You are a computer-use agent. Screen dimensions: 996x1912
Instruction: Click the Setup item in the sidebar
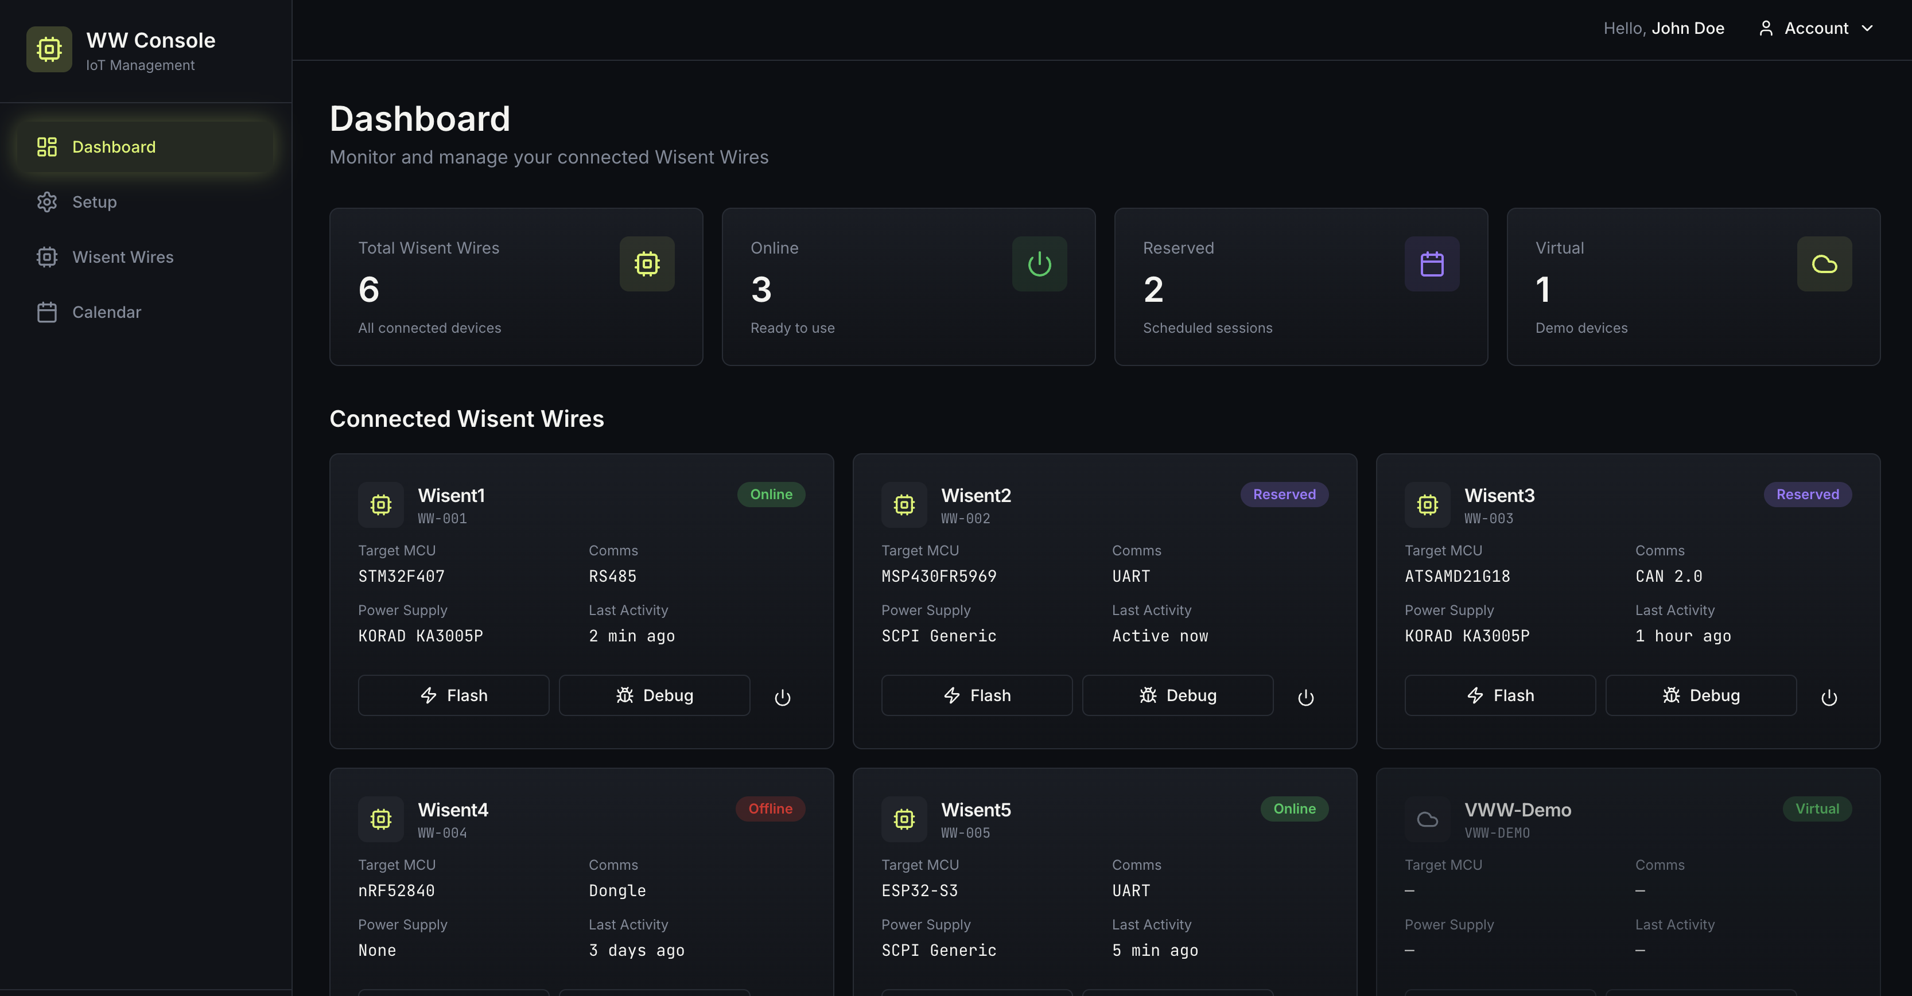click(94, 202)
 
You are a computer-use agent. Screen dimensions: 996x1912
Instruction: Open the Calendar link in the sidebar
click(106, 312)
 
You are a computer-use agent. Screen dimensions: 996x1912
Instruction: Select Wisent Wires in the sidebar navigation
click(122, 257)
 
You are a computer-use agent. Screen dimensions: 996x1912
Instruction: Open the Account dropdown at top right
click(1816, 28)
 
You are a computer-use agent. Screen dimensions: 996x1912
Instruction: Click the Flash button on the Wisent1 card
click(453, 695)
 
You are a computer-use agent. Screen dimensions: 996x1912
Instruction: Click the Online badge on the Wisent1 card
click(771, 495)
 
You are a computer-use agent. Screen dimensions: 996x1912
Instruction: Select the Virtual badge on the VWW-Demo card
click(1816, 809)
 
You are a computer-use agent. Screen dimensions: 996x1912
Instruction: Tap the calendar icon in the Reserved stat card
click(1432, 264)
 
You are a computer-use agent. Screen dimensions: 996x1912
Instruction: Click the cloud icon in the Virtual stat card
click(1824, 264)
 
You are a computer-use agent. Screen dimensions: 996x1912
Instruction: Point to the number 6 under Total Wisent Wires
click(369, 290)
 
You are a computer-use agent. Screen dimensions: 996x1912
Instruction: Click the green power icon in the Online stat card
click(1039, 264)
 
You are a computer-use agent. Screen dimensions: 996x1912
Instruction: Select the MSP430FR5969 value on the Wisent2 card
click(938, 576)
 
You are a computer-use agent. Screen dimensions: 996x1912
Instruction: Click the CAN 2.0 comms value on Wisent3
click(1668, 576)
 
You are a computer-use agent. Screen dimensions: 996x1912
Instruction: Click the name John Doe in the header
click(1687, 28)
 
